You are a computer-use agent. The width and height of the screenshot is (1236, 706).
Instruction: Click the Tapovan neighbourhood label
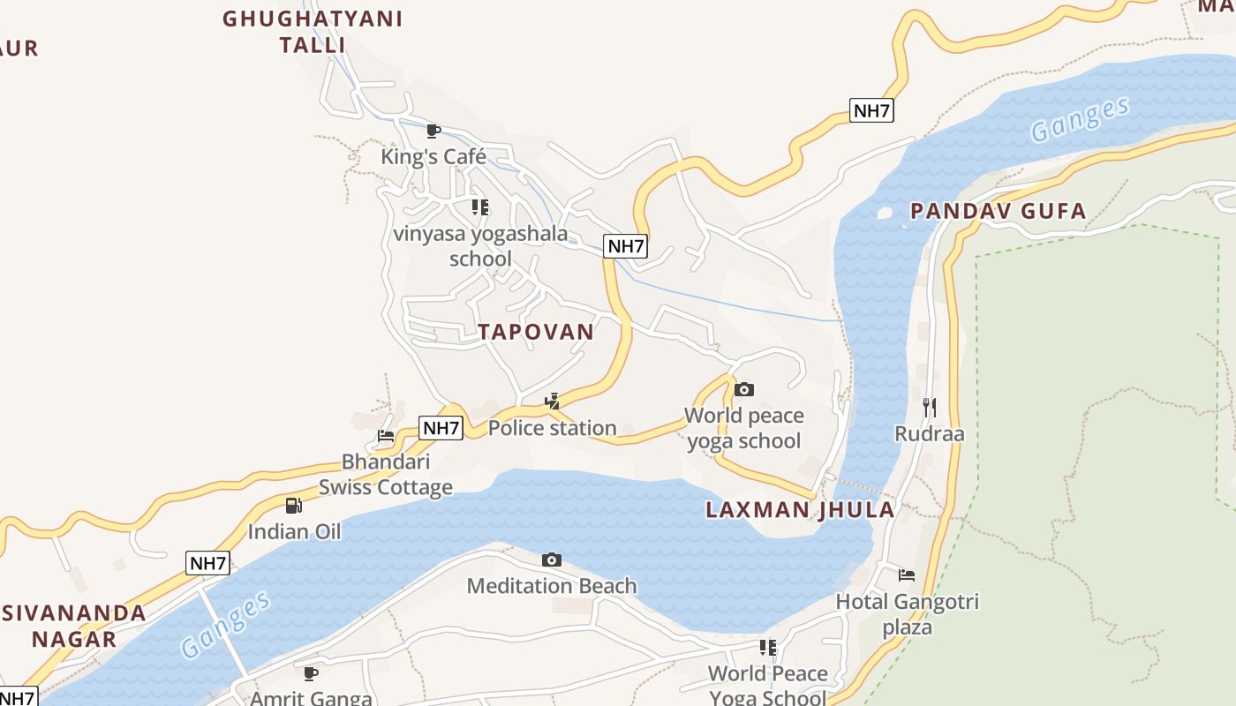click(536, 332)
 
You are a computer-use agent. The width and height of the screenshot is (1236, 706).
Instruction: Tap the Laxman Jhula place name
click(800, 509)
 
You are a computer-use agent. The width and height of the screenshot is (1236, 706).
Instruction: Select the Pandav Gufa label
click(998, 211)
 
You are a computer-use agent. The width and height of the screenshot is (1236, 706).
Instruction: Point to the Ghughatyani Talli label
click(313, 32)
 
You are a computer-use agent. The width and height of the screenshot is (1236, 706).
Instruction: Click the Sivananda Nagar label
click(74, 626)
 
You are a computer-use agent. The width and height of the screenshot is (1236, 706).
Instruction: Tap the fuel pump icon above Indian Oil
click(294, 506)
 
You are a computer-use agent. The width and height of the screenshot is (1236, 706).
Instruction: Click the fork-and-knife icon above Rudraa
click(929, 407)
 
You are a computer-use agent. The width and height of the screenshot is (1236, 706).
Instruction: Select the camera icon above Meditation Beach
click(552, 560)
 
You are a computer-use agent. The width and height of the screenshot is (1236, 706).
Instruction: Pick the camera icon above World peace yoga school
click(744, 389)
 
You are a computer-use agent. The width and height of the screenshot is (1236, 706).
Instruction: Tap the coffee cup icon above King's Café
click(433, 131)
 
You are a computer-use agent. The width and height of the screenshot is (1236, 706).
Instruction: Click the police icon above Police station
click(553, 402)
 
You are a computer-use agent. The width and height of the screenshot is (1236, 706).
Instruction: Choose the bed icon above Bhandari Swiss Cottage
click(386, 435)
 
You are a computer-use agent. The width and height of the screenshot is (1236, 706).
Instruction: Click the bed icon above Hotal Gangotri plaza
click(907, 575)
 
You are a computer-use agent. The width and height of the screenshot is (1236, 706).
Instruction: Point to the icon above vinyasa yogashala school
click(479, 207)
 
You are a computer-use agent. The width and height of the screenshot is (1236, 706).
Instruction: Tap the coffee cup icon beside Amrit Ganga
click(311, 673)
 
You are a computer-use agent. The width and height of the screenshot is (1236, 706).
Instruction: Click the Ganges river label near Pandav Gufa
click(1080, 118)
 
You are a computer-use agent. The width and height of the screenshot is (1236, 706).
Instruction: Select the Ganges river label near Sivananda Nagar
click(226, 626)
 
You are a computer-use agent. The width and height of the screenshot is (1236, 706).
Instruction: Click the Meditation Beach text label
click(552, 586)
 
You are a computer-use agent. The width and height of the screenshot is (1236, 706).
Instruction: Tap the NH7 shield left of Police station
click(441, 428)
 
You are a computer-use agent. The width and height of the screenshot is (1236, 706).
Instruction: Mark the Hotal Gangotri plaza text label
click(908, 614)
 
